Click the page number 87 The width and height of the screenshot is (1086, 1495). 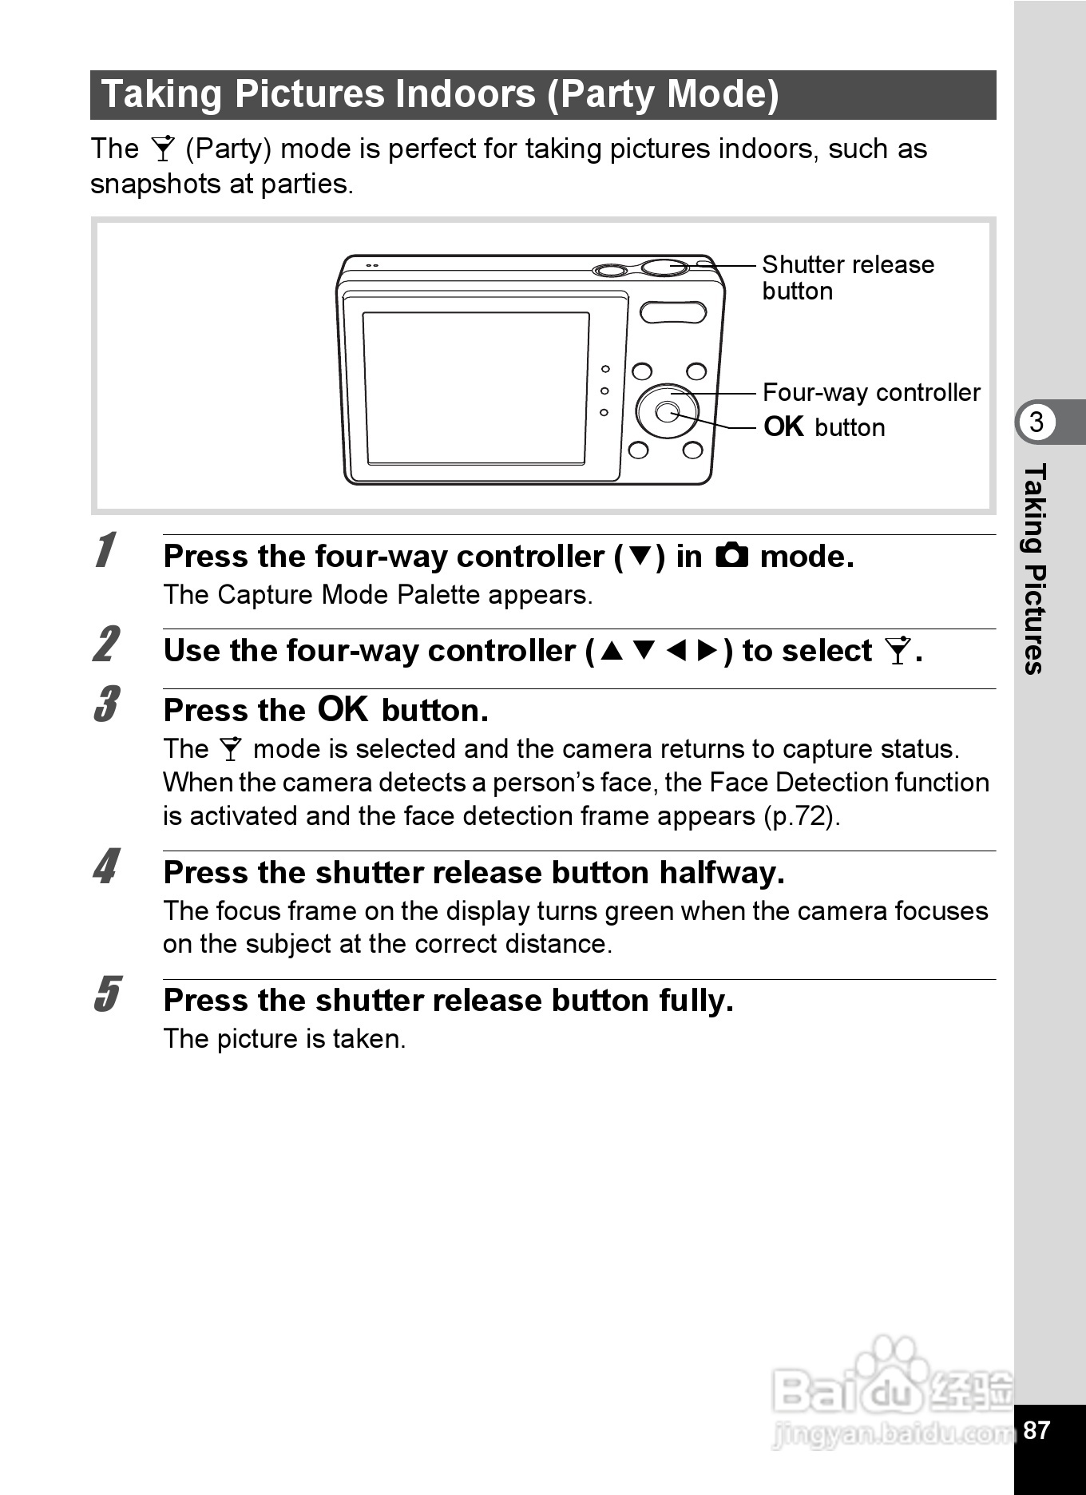coord(1036,1430)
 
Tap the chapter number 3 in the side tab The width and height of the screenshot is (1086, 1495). coord(1036,421)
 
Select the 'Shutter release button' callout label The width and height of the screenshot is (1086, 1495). coord(848,277)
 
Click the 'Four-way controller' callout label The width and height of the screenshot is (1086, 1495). coord(871,392)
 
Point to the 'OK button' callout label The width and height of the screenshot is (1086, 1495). coord(824,426)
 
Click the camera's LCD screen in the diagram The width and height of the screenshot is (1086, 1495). coord(476,387)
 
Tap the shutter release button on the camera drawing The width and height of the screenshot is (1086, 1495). coord(665,267)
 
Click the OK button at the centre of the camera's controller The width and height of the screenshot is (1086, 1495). coord(666,411)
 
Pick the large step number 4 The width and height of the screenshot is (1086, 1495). coord(106,866)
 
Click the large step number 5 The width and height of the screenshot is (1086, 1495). coord(106,994)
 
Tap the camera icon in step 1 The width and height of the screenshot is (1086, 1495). coord(731,555)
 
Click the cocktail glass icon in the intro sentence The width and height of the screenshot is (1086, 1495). coord(163,149)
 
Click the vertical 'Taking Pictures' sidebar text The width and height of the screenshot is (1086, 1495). coord(1034,569)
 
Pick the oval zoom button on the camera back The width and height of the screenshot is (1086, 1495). coord(673,312)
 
